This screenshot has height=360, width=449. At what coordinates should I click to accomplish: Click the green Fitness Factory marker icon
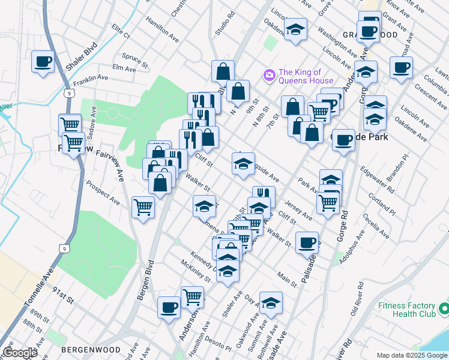444,309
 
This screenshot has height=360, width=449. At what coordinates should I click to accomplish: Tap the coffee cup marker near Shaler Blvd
43,62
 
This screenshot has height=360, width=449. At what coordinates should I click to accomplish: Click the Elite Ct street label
120,32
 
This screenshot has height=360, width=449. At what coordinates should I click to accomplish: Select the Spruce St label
134,59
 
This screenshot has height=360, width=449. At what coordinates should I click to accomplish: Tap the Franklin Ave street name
91,78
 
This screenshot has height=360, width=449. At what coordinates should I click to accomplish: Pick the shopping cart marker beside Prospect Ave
143,208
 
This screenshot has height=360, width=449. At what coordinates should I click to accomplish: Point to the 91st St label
62,298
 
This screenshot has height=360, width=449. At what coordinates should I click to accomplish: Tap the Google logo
20,353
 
